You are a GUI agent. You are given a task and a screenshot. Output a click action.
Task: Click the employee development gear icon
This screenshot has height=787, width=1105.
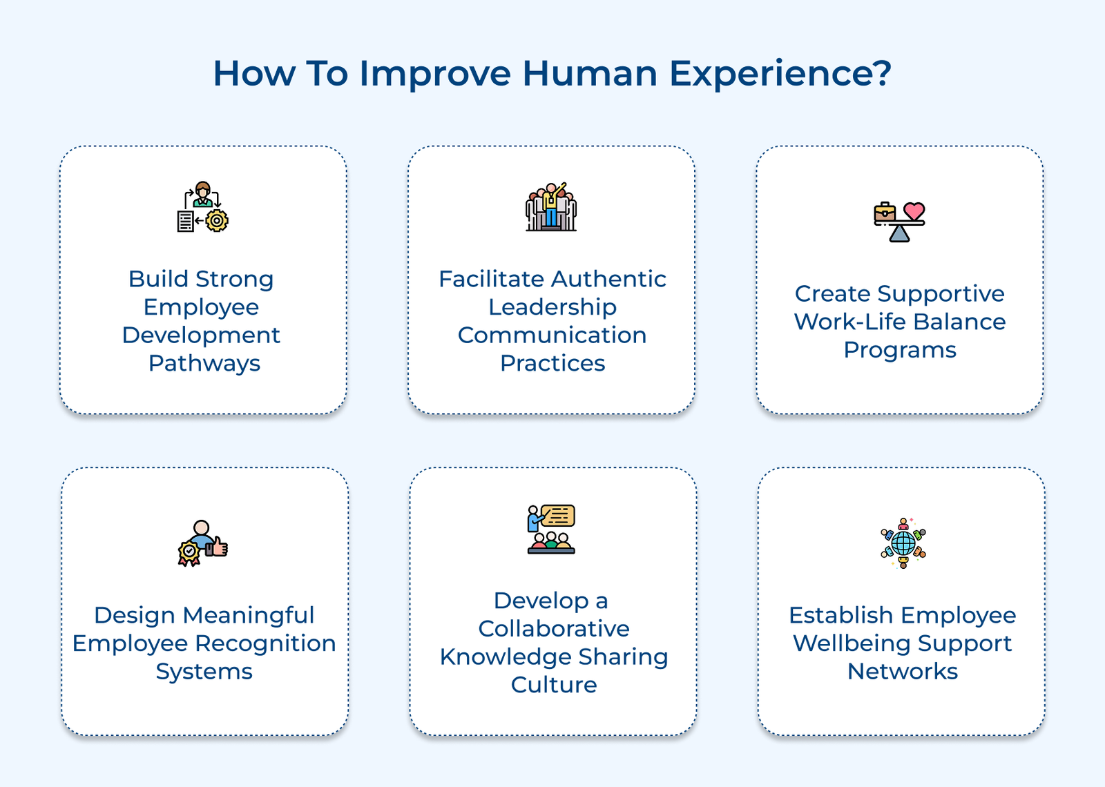pyautogui.click(x=202, y=206)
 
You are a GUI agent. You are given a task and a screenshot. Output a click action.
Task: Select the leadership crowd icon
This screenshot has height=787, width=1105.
pyautogui.click(x=550, y=206)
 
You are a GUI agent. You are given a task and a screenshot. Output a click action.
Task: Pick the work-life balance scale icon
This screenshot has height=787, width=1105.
pyautogui.click(x=899, y=221)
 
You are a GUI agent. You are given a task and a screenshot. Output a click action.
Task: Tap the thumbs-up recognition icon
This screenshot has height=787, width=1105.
pyautogui.click(x=202, y=543)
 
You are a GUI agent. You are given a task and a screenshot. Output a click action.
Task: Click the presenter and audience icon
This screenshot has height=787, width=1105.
pyautogui.click(x=551, y=529)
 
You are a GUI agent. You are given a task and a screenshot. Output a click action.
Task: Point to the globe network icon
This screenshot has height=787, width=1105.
pyautogui.click(x=903, y=543)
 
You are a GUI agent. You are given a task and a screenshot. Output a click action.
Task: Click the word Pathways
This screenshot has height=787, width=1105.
pyautogui.click(x=204, y=363)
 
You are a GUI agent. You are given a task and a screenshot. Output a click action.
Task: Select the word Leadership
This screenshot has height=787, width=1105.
pyautogui.click(x=552, y=307)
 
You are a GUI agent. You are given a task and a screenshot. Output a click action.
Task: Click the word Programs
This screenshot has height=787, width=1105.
pyautogui.click(x=899, y=350)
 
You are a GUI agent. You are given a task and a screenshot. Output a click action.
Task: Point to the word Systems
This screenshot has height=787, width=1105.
pyautogui.click(x=204, y=672)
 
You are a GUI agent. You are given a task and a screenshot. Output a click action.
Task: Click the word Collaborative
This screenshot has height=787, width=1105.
pyautogui.click(x=553, y=629)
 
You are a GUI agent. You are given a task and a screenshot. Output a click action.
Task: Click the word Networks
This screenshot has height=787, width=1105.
pyautogui.click(x=902, y=672)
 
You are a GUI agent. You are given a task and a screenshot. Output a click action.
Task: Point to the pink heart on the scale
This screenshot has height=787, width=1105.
pyautogui.click(x=914, y=211)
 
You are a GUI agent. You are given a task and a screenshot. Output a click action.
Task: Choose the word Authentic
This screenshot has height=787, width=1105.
pyautogui.click(x=610, y=279)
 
